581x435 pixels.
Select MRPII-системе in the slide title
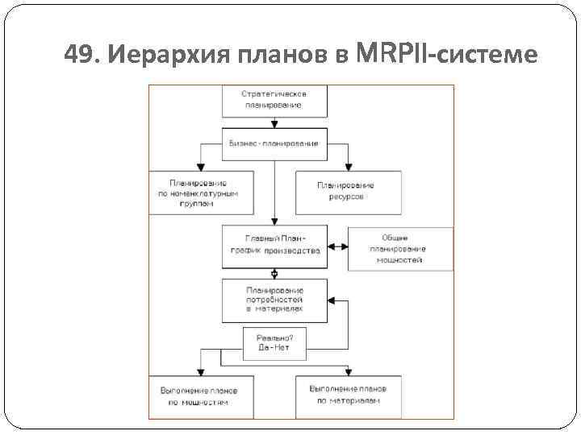click(x=445, y=54)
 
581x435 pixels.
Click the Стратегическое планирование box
click(x=274, y=99)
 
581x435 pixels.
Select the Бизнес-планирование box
click(x=274, y=143)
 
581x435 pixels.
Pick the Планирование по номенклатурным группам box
click(x=200, y=193)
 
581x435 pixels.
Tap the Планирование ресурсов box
click(x=348, y=193)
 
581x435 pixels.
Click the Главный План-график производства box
click(x=274, y=246)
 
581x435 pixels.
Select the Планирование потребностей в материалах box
click(x=274, y=299)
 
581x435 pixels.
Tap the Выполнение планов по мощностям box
click(x=199, y=396)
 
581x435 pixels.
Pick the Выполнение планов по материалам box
click(x=348, y=396)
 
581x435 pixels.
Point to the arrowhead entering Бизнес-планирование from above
click(x=274, y=125)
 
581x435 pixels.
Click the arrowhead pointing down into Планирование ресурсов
click(x=348, y=167)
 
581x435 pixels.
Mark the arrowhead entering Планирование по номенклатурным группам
click(x=200, y=167)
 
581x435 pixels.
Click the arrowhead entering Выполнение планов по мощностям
click(x=199, y=371)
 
